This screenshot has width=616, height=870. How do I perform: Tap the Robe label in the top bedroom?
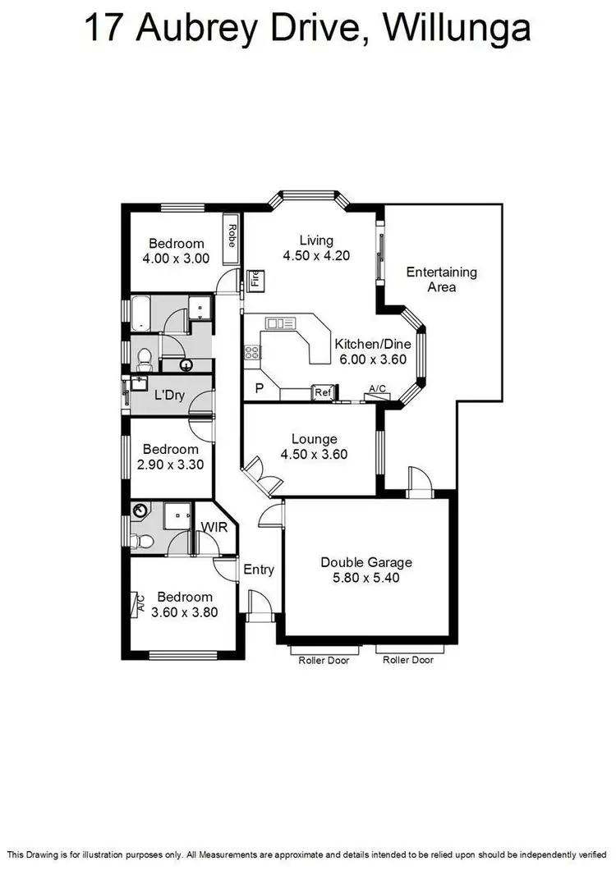pyautogui.click(x=232, y=236)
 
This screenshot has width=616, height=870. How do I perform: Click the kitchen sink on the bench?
pyautogui.click(x=279, y=323)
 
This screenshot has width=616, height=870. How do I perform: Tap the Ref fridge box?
pyautogui.click(x=323, y=392)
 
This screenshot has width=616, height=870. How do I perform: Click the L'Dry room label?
pyautogui.click(x=168, y=396)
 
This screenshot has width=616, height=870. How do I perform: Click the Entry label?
pyautogui.click(x=259, y=570)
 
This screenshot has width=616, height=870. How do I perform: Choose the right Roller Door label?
pyautogui.click(x=408, y=660)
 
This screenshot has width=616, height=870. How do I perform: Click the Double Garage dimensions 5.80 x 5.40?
pyautogui.click(x=365, y=577)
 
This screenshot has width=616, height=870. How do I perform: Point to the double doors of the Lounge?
pyautogui.click(x=260, y=476)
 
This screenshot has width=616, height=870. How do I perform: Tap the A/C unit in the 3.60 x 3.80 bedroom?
pyautogui.click(x=138, y=605)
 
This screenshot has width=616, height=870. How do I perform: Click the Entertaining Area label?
pyautogui.click(x=441, y=280)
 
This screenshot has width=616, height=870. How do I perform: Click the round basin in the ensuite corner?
pyautogui.click(x=140, y=511)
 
